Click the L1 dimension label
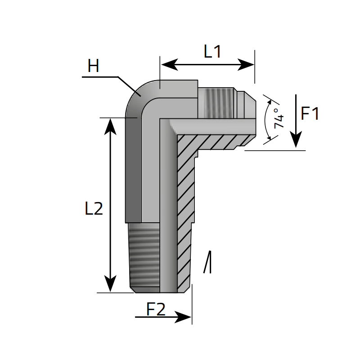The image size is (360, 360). tap(212, 52)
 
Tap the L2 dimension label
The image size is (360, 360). tap(94, 209)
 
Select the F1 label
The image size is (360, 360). tap(310, 114)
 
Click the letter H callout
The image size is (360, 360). tap(93, 67)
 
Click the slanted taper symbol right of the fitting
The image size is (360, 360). tap(207, 262)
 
